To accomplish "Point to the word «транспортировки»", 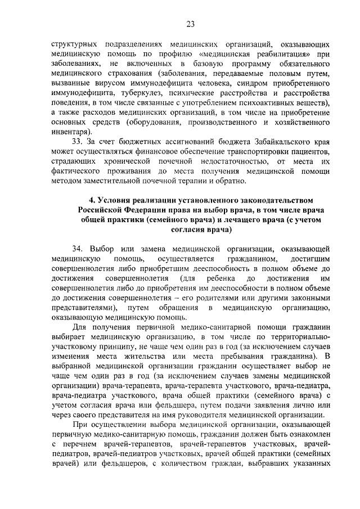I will coord(246,154).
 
